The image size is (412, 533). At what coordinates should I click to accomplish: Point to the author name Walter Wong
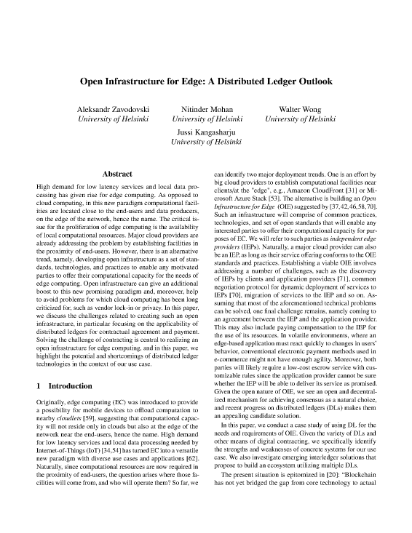(301, 108)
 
